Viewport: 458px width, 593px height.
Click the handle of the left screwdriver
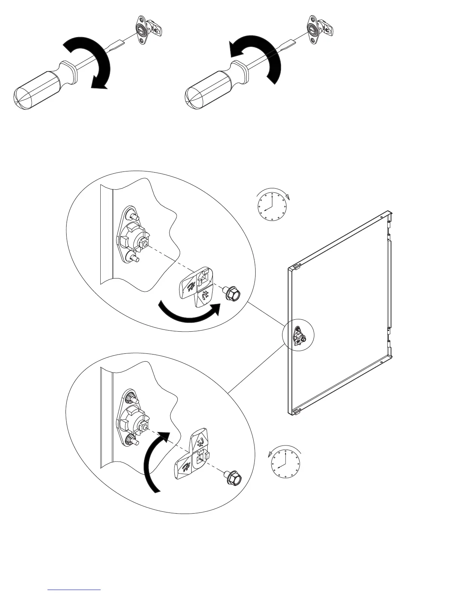[37, 88]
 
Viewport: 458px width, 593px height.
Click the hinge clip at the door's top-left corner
[295, 267]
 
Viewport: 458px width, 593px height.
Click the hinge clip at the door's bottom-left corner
[295, 411]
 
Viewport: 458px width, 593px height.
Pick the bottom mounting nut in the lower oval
[132, 440]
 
